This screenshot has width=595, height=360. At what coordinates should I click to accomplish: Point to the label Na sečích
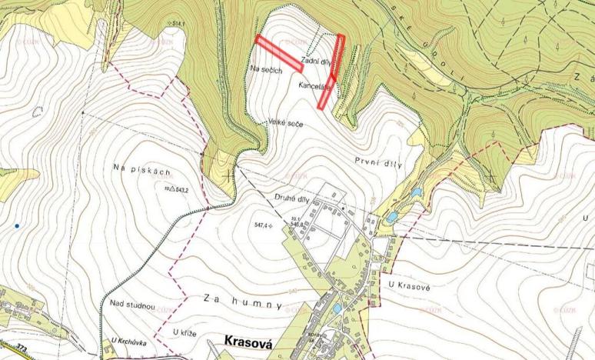(267, 69)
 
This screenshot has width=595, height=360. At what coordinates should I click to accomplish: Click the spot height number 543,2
(181, 188)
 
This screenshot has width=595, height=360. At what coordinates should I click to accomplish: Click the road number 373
(22, 348)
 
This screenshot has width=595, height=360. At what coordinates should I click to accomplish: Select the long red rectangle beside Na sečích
(279, 53)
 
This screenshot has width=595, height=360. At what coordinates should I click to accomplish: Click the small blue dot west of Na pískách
(16, 226)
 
